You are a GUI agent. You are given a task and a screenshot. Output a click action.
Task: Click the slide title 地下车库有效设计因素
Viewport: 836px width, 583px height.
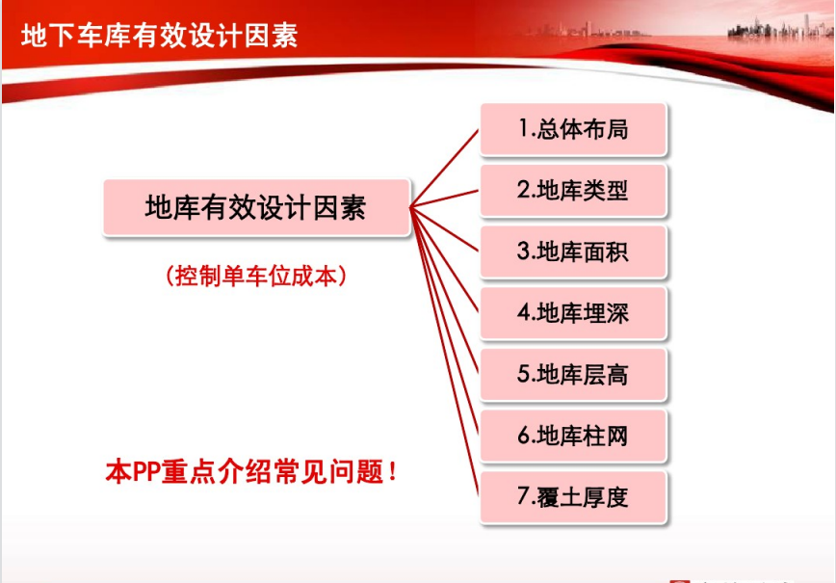(160, 36)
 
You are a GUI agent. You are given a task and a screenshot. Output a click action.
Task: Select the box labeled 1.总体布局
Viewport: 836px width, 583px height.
(573, 130)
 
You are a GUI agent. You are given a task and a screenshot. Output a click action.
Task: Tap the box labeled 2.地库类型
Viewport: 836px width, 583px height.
(573, 191)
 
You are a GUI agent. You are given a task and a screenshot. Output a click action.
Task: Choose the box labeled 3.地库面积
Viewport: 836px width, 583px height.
(573, 252)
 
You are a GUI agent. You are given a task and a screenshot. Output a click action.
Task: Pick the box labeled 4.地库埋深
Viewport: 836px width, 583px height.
(573, 313)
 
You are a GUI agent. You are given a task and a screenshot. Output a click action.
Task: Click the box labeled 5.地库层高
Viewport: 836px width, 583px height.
(573, 375)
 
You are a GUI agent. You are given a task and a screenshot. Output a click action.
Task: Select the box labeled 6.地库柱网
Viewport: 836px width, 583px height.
(573, 437)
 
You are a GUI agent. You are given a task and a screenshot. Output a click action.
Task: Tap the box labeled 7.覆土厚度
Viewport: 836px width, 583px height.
(573, 497)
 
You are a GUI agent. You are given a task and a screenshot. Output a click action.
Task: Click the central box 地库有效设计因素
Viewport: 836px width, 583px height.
(256, 207)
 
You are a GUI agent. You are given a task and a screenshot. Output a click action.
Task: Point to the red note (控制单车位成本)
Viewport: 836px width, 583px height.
(256, 277)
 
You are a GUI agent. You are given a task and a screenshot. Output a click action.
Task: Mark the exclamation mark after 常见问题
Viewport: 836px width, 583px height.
(393, 471)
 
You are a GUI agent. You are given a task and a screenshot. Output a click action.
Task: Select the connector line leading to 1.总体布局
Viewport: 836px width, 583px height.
(445, 168)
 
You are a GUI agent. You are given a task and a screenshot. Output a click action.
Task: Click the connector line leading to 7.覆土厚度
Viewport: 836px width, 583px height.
(445, 352)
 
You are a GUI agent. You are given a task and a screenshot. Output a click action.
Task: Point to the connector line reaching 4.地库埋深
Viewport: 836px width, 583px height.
(445, 260)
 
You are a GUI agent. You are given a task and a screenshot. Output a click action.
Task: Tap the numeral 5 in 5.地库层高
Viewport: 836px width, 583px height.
(522, 375)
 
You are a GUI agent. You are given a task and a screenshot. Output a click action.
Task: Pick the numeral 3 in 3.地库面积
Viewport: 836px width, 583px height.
(522, 252)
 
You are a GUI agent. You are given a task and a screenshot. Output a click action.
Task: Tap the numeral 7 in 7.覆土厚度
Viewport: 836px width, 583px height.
(522, 496)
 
